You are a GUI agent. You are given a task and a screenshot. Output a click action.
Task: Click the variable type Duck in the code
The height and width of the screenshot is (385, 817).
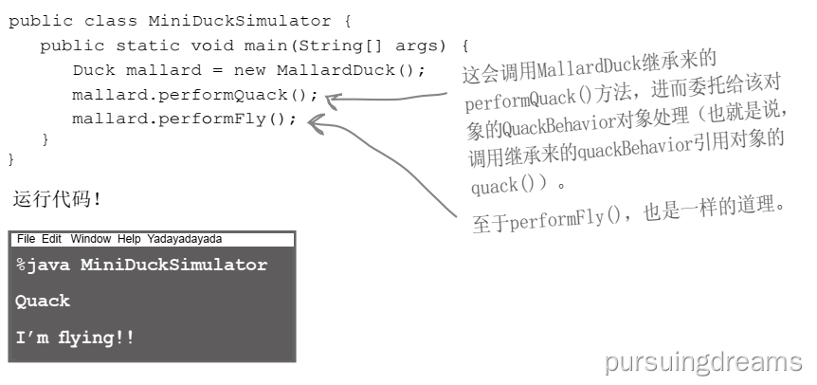(92, 70)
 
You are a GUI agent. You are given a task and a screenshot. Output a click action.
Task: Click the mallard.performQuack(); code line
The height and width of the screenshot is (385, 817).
(195, 95)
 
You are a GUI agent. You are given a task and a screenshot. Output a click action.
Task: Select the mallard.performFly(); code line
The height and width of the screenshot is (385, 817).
(184, 119)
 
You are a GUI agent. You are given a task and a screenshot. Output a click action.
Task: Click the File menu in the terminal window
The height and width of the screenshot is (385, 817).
(26, 239)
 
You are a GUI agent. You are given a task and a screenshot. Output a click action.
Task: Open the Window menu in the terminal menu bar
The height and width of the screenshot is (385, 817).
(90, 239)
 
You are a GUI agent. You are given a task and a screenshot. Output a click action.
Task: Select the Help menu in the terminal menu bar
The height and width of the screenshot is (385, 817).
(130, 239)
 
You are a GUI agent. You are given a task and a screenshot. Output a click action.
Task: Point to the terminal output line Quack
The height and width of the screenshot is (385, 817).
(43, 301)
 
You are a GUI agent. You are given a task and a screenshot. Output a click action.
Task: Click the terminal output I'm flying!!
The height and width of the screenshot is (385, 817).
(75, 337)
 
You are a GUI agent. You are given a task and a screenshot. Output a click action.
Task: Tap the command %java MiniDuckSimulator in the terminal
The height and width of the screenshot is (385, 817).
(141, 265)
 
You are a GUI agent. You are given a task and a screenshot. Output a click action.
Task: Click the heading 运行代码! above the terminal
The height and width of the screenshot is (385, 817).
(56, 199)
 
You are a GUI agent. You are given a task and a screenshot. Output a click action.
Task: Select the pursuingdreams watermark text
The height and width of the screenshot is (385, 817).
(702, 361)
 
